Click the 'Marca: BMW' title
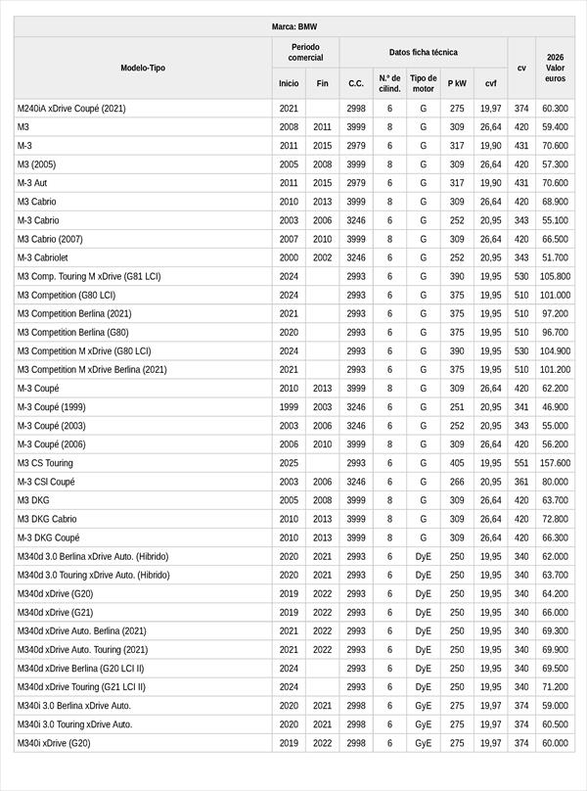[293, 26]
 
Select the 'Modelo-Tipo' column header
[143, 68]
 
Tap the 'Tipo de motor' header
[424, 83]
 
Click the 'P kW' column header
[457, 83]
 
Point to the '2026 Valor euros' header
[555, 68]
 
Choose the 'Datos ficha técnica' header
[423, 52]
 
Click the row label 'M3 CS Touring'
[45, 463]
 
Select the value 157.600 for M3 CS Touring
[555, 463]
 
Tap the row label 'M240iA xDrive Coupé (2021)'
[71, 109]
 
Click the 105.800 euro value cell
[555, 277]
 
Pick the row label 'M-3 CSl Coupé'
[46, 482]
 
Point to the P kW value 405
[457, 463]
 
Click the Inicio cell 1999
[289, 407]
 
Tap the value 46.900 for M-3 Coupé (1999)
[555, 407]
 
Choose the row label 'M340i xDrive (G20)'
[55, 743]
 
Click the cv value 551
[521, 463]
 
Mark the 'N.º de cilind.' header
[389, 83]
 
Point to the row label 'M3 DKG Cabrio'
[47, 519]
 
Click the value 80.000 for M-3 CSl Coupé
[555, 482]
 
